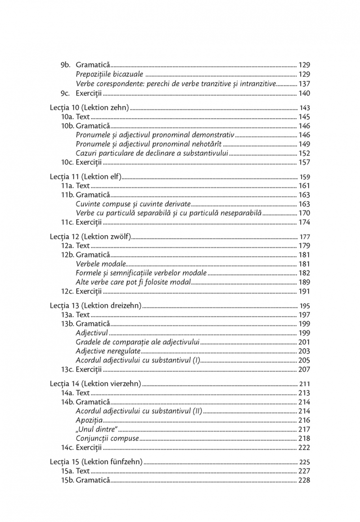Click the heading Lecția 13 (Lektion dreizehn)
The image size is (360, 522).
tap(95, 305)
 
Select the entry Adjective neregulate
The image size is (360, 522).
tap(108, 351)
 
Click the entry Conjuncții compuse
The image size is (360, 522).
tap(107, 438)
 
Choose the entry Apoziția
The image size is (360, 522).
tap(89, 420)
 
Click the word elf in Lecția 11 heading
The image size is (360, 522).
tap(111, 177)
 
